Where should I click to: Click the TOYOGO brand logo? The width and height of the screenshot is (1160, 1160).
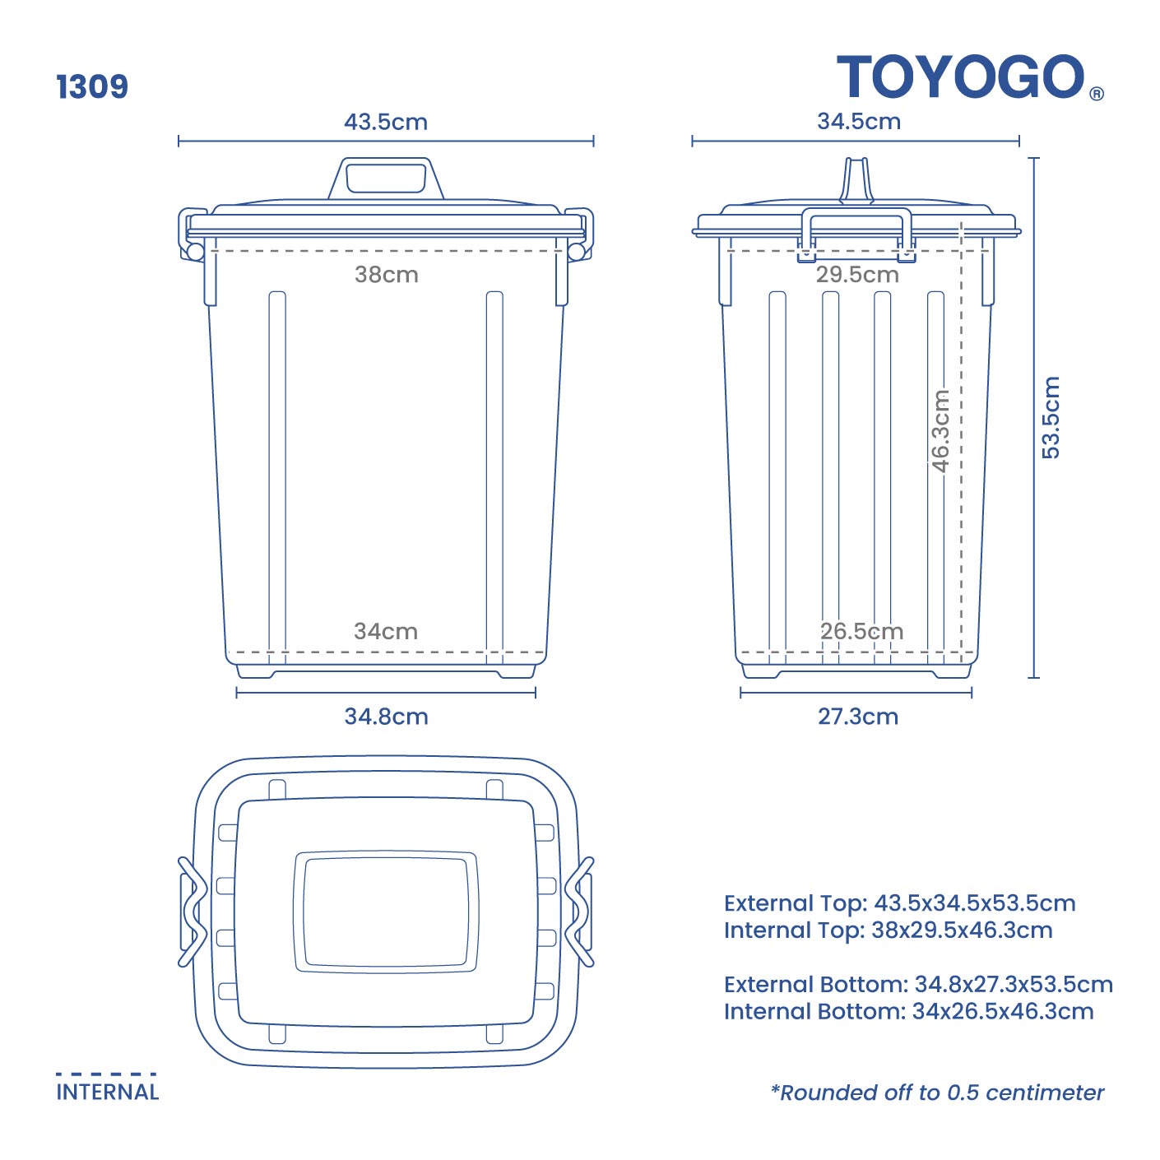961,77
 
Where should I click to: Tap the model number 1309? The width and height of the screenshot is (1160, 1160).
92,86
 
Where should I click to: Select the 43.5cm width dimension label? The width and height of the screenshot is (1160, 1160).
386,122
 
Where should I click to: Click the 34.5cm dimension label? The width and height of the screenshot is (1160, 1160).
858,121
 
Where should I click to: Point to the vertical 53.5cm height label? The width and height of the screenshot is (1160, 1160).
1051,417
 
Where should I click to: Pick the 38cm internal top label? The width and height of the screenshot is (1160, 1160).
386,274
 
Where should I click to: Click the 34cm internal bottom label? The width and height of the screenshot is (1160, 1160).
386,631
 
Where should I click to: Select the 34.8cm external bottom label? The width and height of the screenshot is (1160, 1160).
386,716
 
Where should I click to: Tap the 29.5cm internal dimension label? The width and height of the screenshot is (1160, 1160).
857,274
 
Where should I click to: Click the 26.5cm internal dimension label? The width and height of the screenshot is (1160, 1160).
861,631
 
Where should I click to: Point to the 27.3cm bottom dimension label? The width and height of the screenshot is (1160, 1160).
857,716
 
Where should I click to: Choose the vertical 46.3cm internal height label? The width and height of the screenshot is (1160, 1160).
940,430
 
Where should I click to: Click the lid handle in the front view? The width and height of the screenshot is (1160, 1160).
386,178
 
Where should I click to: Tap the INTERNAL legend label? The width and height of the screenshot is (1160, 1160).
107,1092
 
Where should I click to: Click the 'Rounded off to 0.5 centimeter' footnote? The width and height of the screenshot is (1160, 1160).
937,1093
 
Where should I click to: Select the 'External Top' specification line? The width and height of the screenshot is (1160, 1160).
899,902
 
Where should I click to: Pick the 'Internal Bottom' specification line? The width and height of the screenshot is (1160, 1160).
908,1011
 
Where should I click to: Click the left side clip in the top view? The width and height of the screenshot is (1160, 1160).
191,912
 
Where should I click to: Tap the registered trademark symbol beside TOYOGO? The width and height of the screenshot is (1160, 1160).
1097,94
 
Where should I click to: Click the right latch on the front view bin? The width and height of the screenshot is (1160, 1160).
578,235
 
